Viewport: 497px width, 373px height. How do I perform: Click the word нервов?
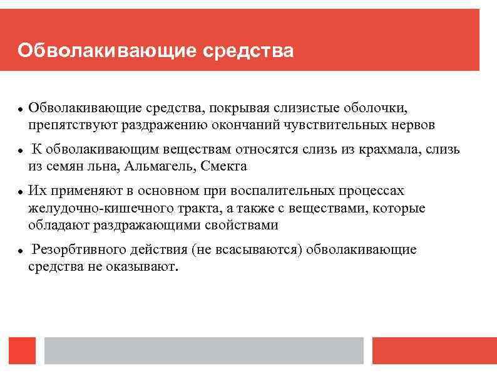(x=411, y=125)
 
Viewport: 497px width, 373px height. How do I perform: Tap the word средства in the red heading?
(x=248, y=50)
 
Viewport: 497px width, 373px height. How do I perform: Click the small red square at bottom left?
(x=23, y=350)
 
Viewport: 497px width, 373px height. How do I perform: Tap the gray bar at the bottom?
(x=204, y=350)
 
